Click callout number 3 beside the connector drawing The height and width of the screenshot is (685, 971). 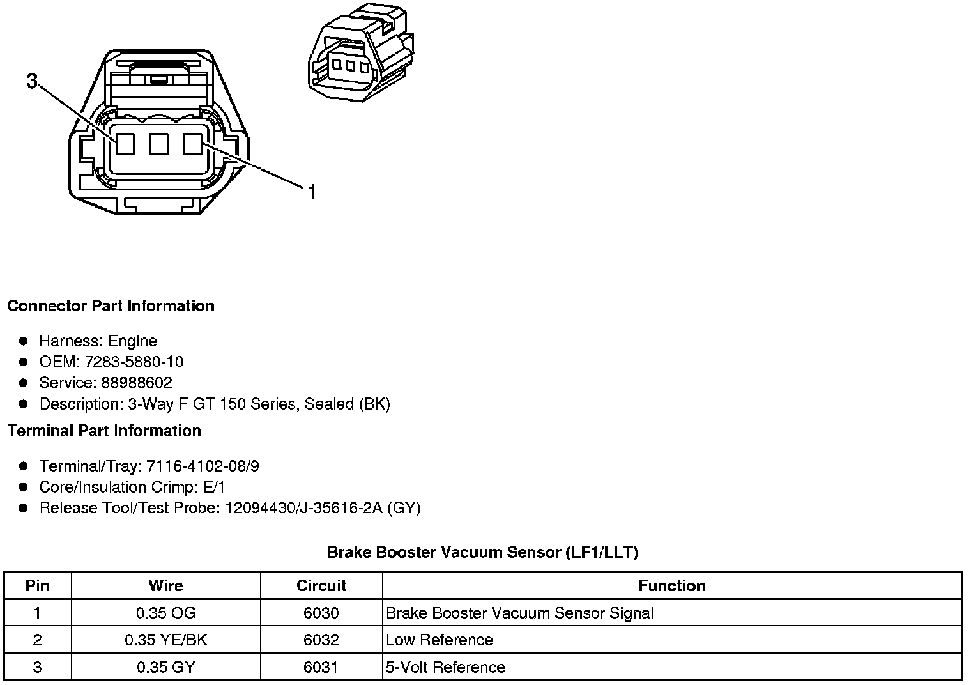(x=33, y=81)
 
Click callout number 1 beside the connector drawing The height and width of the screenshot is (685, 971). (x=312, y=192)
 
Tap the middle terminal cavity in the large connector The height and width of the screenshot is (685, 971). (x=158, y=144)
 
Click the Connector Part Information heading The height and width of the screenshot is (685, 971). (x=111, y=306)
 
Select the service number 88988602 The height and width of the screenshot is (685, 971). (x=137, y=383)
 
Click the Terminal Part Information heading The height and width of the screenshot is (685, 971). (x=104, y=431)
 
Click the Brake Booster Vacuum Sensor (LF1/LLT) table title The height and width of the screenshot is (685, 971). (x=483, y=552)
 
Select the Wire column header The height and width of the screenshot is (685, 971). (x=166, y=586)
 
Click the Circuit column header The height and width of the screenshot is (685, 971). (x=321, y=586)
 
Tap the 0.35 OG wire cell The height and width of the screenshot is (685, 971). (x=166, y=613)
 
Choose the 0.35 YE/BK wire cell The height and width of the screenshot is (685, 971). (x=166, y=640)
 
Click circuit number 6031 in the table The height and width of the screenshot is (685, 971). (x=321, y=668)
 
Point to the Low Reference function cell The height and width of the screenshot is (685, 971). (x=440, y=640)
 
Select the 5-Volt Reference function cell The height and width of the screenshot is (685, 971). (x=446, y=668)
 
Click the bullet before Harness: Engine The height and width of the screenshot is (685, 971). (x=24, y=341)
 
